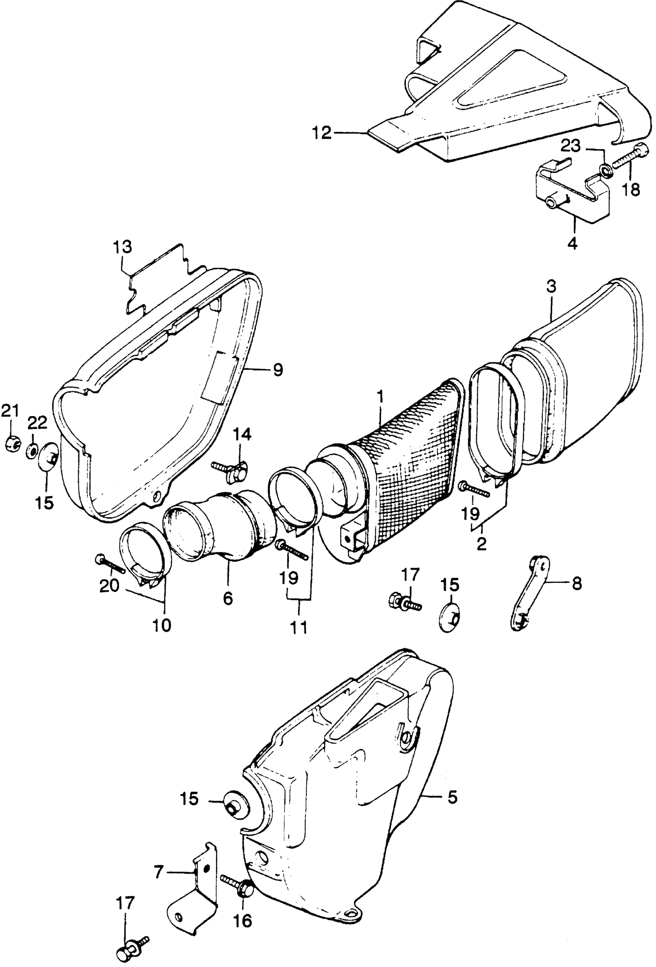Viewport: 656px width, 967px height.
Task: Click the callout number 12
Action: tap(322, 133)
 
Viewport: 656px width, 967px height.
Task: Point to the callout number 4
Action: tap(573, 243)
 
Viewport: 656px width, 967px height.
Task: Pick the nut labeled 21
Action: tap(12, 446)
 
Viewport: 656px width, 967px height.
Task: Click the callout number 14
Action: tap(242, 435)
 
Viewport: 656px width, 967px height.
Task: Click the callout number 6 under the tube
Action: tap(228, 598)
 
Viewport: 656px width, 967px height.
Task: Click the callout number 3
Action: tap(551, 287)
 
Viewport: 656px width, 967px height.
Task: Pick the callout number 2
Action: tap(481, 544)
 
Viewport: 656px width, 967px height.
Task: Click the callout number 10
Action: tap(162, 625)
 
